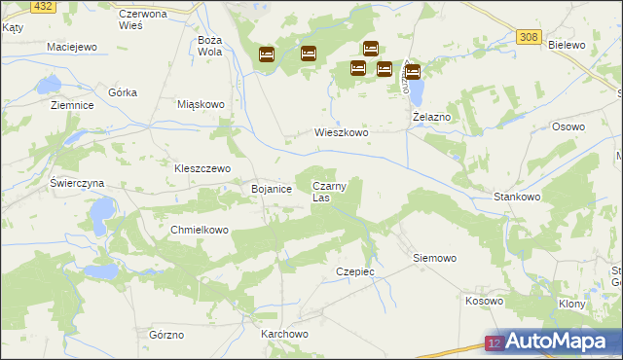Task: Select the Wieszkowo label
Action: [341, 132]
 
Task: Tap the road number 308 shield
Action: [528, 37]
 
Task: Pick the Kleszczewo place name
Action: [202, 167]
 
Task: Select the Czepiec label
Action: [354, 271]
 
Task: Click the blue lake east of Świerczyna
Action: [100, 210]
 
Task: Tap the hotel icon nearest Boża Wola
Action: [266, 54]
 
